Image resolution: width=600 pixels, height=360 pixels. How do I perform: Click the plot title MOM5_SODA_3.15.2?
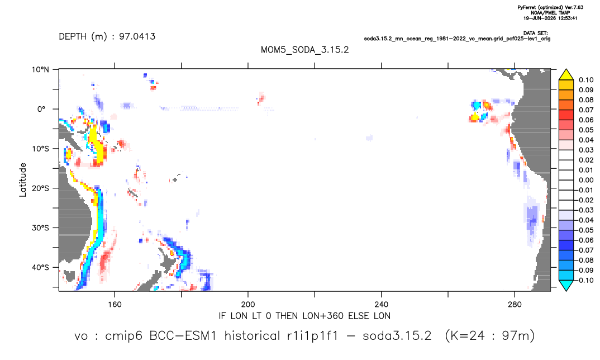pos(304,50)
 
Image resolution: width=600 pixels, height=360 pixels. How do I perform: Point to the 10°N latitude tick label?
pos(40,69)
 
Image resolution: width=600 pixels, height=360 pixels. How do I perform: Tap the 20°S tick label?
pos(40,188)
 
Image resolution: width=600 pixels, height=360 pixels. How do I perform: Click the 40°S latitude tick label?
pos(40,267)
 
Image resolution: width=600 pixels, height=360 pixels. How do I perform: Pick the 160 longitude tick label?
pos(115,305)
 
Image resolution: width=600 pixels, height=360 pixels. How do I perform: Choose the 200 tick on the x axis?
pos(248,305)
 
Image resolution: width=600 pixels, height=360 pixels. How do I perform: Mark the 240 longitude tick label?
pos(381,305)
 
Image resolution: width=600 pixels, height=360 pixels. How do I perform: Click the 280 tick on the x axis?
pos(515,305)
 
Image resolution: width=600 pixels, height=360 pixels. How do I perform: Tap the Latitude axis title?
pos(23,180)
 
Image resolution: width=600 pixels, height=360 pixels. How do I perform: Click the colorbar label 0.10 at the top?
pos(586,80)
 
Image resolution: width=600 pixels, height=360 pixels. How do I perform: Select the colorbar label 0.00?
pos(586,180)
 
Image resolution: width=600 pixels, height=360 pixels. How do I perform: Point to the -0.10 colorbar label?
pos(585,280)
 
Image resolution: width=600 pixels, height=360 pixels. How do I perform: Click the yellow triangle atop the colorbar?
pos(566,75)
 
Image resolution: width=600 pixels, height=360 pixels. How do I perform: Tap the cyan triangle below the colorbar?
pos(566,285)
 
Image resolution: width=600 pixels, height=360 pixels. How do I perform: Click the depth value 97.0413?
pos(137,36)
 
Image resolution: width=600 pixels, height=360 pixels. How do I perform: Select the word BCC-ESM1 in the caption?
pos(183,336)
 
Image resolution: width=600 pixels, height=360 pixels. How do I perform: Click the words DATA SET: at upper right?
pos(535,34)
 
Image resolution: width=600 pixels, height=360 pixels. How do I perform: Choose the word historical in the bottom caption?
pos(252,336)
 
